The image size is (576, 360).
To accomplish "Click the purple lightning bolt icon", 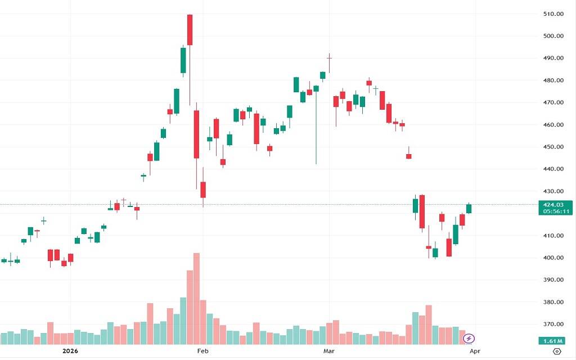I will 470,339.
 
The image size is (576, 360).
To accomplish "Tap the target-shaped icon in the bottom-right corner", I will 557,352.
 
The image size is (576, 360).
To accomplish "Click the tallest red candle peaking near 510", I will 190,30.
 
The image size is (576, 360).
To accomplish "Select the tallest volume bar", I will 196,298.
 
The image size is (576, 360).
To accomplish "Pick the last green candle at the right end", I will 469,209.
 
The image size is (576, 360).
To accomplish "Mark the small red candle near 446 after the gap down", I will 409,156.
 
